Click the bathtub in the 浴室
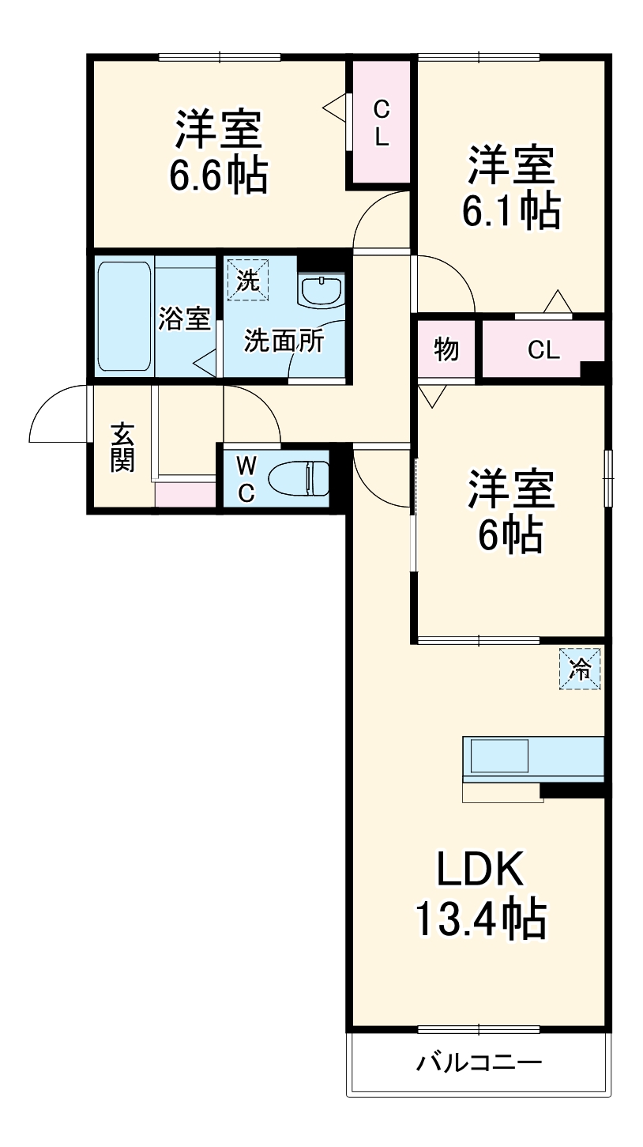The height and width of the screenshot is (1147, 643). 123,315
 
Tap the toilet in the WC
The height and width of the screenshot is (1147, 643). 297,478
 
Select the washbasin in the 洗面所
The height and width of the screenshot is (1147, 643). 321,289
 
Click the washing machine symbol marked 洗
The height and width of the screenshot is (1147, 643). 248,280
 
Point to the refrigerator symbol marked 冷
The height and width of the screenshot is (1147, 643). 581,669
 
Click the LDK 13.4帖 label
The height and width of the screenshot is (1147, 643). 479,894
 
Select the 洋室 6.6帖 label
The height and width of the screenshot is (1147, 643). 218,152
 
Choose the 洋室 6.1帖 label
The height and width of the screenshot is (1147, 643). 511,187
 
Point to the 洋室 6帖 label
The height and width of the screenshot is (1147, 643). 511,512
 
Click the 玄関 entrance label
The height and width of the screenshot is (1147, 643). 121,448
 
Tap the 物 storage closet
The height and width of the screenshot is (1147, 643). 446,349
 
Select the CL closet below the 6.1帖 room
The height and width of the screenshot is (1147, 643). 543,349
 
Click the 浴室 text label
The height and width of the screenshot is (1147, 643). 184,319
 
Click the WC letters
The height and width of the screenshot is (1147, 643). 246,478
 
